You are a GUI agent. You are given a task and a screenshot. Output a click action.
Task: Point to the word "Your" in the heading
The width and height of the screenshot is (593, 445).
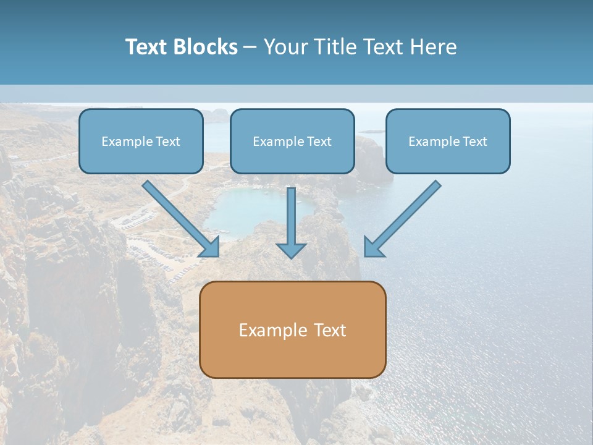(285, 47)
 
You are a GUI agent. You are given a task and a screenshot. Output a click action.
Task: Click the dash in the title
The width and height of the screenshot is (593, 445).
(250, 48)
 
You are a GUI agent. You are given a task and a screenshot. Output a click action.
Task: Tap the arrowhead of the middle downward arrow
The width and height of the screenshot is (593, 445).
(291, 250)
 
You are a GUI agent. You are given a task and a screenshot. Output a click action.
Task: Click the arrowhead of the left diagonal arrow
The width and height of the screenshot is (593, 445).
(211, 247)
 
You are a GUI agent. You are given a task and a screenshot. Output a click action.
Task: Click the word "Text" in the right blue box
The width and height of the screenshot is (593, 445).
(474, 142)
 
